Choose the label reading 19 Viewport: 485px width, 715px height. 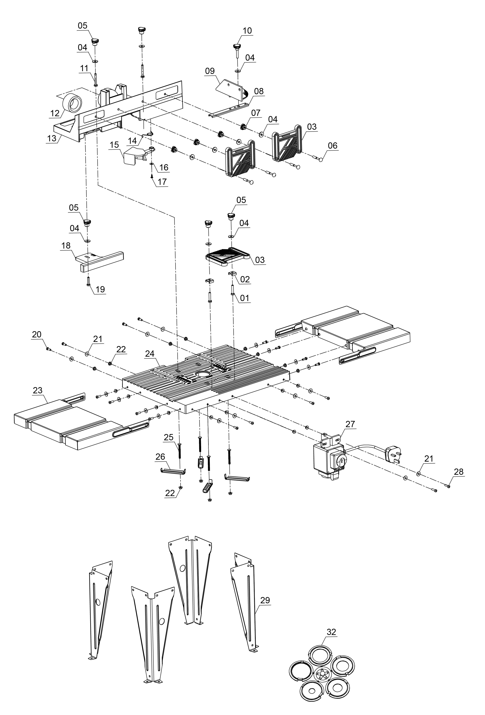click(x=100, y=289)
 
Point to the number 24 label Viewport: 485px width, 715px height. click(x=150, y=354)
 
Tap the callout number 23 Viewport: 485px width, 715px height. click(x=38, y=390)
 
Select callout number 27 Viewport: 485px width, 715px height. click(x=350, y=424)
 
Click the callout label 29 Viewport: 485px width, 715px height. click(x=265, y=600)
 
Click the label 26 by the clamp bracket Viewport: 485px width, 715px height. click(x=160, y=457)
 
